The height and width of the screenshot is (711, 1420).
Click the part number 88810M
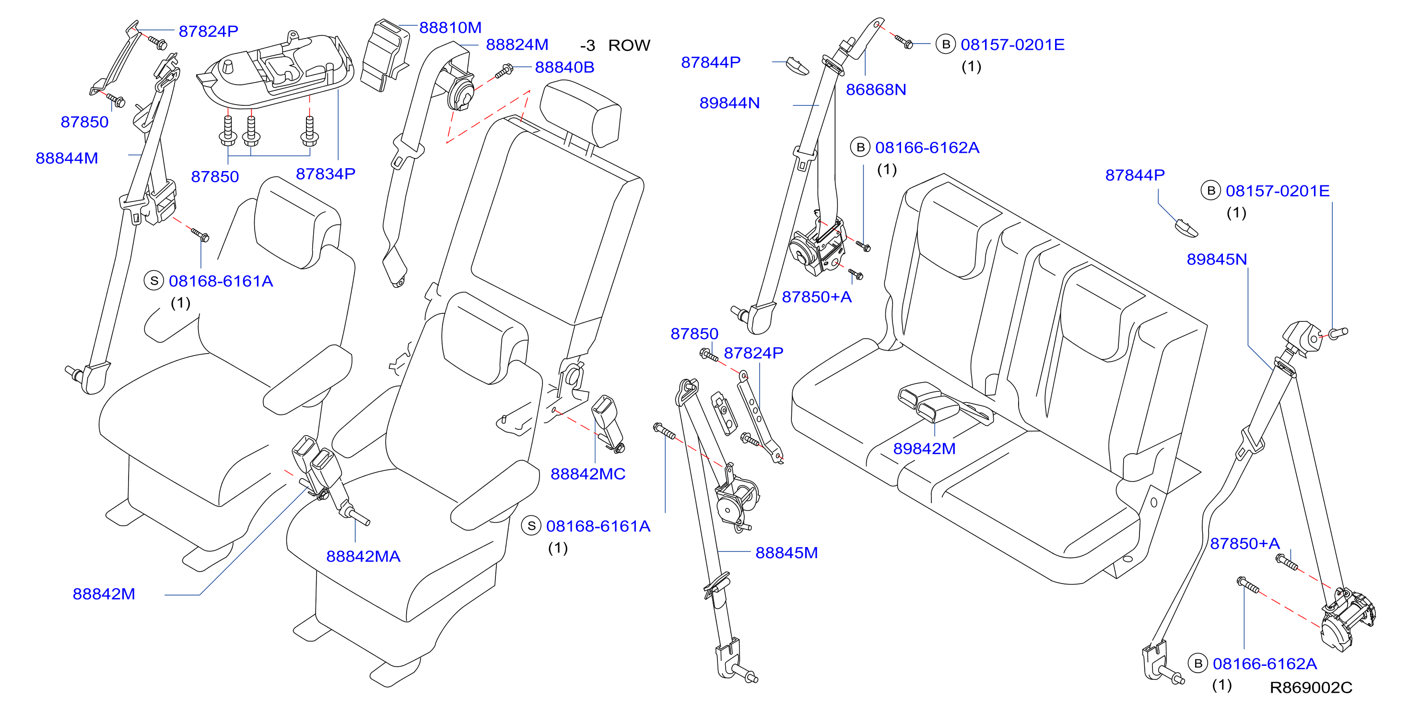[450, 27]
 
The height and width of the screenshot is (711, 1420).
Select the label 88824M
[516, 45]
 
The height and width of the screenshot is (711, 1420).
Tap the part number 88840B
[564, 67]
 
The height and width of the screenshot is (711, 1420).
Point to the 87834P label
[325, 174]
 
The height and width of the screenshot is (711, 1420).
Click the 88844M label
[67, 158]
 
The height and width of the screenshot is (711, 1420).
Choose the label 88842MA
[363, 556]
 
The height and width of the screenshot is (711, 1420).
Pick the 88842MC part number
[587, 474]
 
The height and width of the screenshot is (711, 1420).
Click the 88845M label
[786, 552]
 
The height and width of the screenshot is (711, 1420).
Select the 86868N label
[876, 90]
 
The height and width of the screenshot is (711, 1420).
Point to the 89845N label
[1217, 259]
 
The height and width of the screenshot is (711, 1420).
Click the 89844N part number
[729, 103]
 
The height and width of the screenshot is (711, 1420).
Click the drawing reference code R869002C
[1311, 688]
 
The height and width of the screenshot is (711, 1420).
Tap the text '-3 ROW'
[615, 45]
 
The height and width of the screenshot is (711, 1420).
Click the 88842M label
[104, 594]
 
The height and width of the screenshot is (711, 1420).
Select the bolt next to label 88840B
[504, 71]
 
